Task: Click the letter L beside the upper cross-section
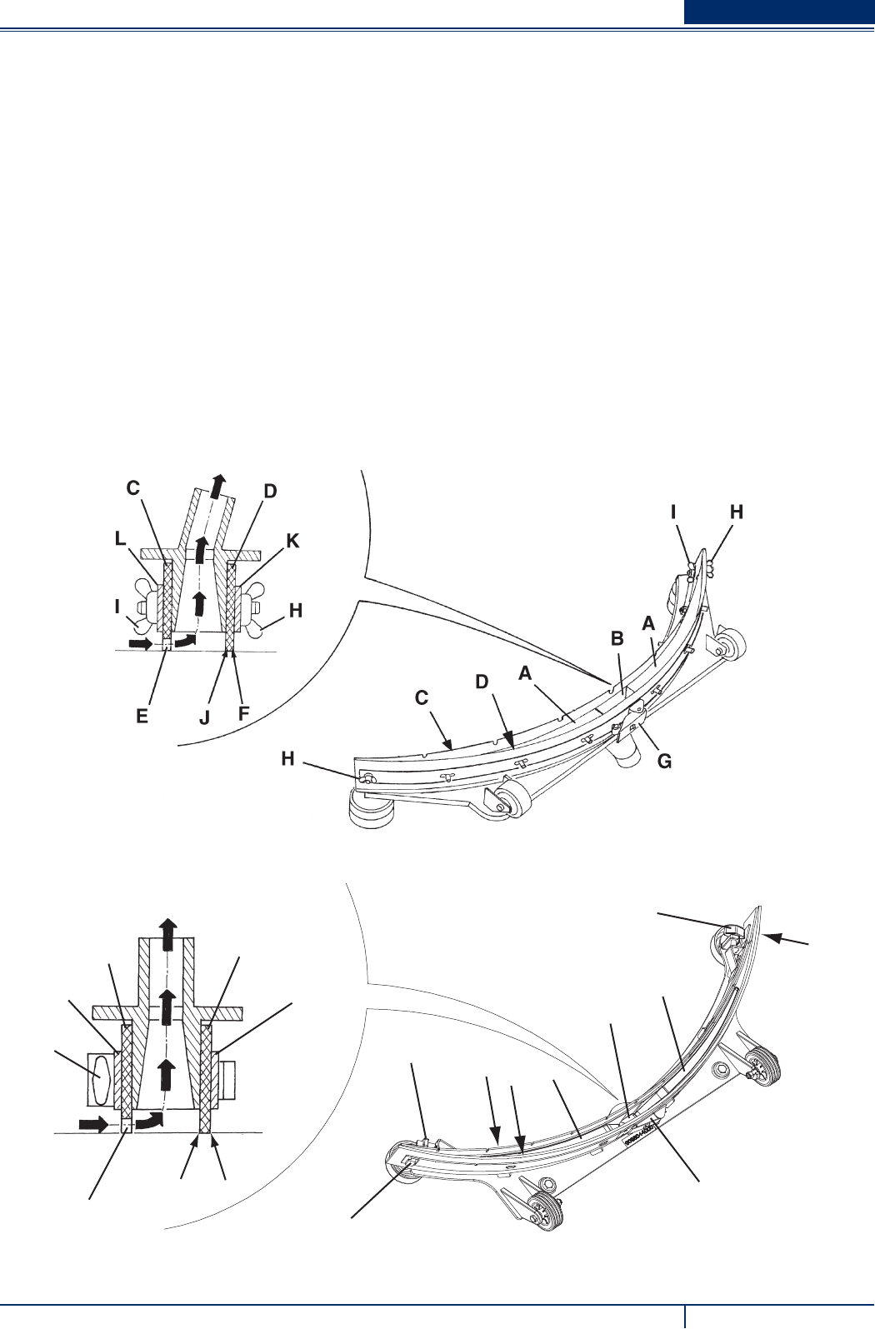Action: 120,540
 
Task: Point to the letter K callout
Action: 292,541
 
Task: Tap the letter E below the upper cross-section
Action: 142,716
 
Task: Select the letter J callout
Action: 205,717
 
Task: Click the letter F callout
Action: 243,713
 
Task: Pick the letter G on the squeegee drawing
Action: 664,761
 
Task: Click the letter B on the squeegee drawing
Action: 617,639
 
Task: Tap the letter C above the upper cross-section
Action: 133,488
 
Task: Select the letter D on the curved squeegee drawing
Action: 482,682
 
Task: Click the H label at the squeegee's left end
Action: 287,759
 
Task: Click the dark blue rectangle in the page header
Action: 779,12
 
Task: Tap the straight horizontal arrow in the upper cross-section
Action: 141,644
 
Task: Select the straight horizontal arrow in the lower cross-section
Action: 93,1125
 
